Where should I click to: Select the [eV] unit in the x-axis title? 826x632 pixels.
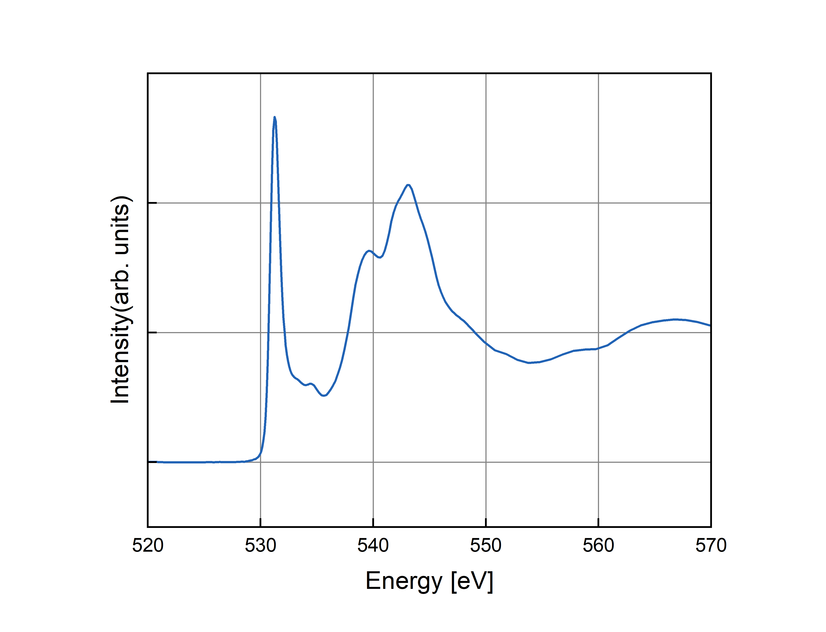[472, 581]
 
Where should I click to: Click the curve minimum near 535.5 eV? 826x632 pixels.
[324, 395]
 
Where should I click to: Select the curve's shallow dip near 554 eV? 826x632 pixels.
[529, 363]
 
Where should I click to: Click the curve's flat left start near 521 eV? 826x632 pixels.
[158, 462]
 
